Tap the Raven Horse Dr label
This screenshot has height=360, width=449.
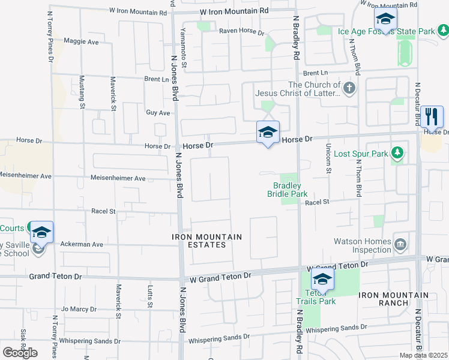[x=241, y=31]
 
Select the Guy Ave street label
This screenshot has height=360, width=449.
[x=158, y=112]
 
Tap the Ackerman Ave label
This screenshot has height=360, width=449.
[x=82, y=244]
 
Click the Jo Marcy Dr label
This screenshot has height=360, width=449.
[x=79, y=309]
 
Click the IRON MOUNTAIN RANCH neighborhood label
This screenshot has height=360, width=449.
[x=394, y=299]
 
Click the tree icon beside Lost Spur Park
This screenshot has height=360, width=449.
[x=397, y=154]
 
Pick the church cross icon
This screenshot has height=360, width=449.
[x=350, y=89]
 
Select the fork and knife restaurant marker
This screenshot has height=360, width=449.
[x=432, y=115]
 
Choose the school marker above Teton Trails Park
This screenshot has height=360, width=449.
[x=322, y=279]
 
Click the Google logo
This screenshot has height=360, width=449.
[x=20, y=353]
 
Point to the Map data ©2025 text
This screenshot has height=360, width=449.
[x=424, y=355]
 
